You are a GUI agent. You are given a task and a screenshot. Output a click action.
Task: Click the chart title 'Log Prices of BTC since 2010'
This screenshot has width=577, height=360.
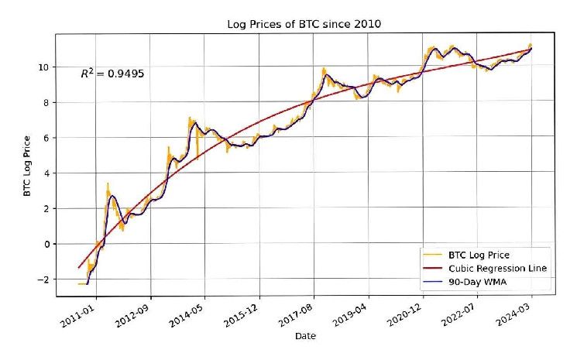click(x=304, y=24)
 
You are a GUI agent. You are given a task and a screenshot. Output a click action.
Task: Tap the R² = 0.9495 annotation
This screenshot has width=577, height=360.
click(x=113, y=74)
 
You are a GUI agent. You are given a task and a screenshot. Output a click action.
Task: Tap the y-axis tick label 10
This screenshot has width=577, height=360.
click(x=45, y=67)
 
